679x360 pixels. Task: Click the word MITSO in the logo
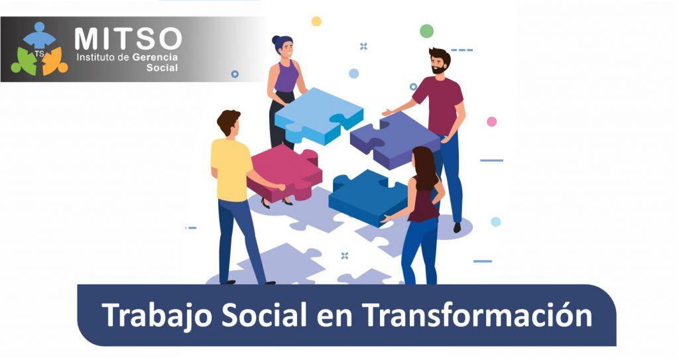click(x=128, y=38)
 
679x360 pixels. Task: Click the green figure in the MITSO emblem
click(x=24, y=61)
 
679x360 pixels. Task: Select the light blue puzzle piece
click(x=319, y=115)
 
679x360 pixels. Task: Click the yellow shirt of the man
click(x=231, y=170)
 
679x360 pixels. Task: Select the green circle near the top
click(x=426, y=31)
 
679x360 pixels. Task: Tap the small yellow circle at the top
click(x=316, y=21)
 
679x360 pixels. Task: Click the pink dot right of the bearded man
click(x=491, y=121)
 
